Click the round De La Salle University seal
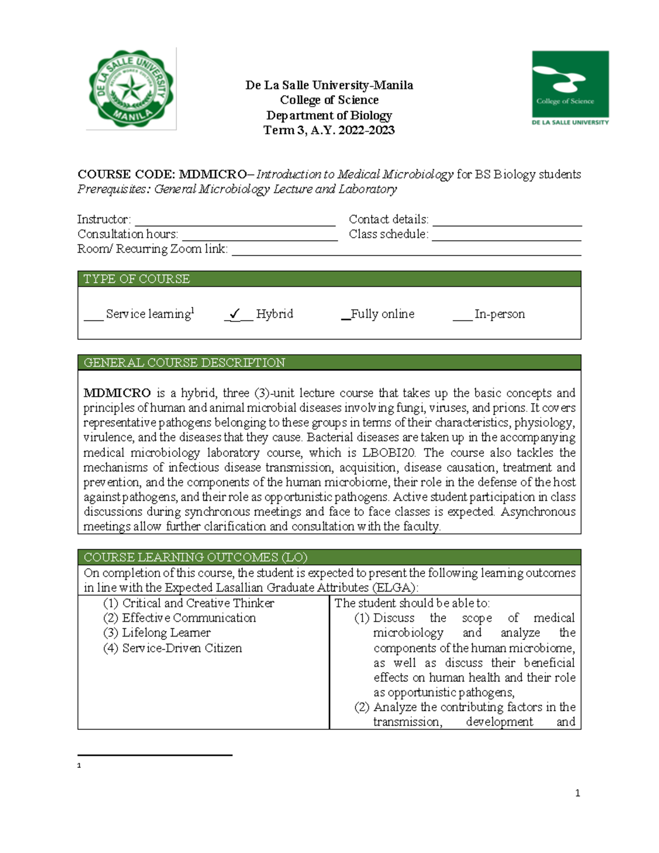(x=131, y=89)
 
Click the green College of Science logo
(x=570, y=88)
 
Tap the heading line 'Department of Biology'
(x=329, y=115)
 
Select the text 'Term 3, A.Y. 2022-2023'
(x=329, y=130)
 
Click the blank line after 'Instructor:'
(x=235, y=221)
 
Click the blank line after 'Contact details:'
(x=507, y=221)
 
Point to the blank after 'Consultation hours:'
(x=259, y=236)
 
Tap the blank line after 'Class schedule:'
(x=506, y=236)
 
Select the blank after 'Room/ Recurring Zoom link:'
(x=406, y=250)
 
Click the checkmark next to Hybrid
(x=235, y=314)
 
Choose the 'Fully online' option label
(x=382, y=314)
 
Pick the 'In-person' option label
(x=499, y=314)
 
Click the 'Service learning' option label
(x=148, y=314)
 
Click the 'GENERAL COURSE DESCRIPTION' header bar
(x=329, y=363)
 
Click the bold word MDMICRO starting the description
(x=117, y=393)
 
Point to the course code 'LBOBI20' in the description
(x=389, y=453)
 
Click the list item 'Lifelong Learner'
(x=166, y=633)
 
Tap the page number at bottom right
(x=577, y=793)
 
